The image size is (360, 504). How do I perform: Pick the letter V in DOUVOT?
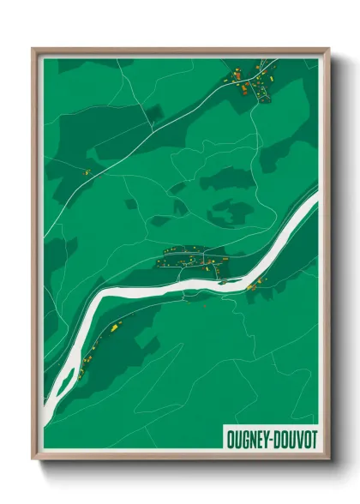(x=299, y=437)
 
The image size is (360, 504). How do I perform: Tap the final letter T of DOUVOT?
(x=315, y=437)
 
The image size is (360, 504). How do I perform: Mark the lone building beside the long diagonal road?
(x=87, y=171)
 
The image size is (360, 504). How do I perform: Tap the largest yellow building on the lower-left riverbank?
(x=111, y=327)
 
